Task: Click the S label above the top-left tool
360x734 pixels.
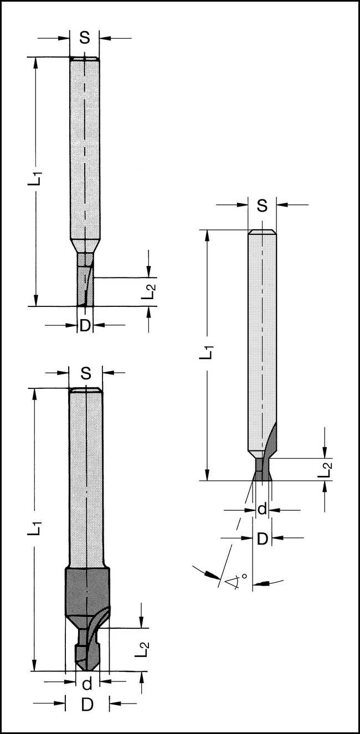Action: point(85,38)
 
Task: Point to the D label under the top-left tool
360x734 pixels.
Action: point(85,326)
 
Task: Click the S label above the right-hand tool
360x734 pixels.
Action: point(262,206)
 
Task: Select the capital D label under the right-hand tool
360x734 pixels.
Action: point(263,537)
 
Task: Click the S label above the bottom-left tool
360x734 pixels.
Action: point(86,374)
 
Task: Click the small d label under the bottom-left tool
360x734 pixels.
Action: point(86,684)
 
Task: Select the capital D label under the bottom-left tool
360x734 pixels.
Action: point(86,705)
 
